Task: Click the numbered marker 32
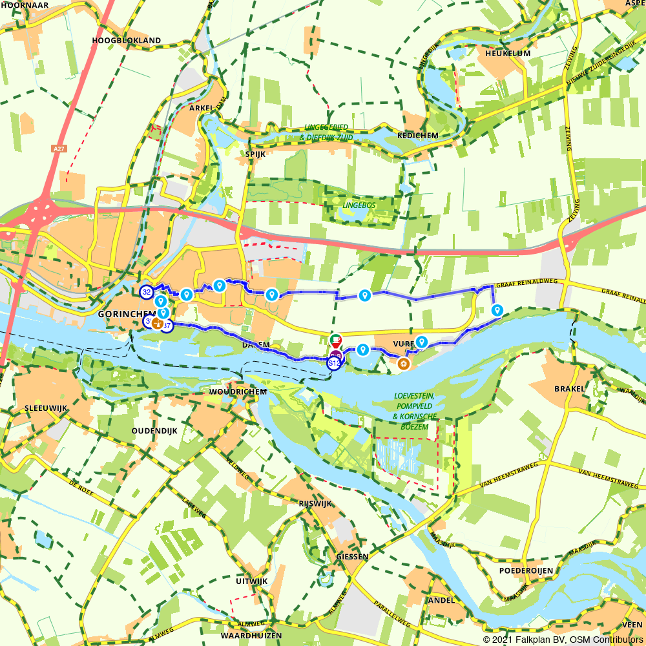click(147, 292)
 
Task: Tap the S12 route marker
click(334, 364)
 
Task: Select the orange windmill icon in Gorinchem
click(157, 323)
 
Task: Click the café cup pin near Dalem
click(335, 340)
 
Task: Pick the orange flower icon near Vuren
click(404, 364)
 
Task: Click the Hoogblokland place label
click(127, 41)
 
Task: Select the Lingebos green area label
click(360, 205)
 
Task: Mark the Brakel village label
click(569, 389)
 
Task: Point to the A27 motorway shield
click(59, 149)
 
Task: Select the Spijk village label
click(255, 154)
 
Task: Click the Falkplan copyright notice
click(563, 640)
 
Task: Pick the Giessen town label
click(352, 556)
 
